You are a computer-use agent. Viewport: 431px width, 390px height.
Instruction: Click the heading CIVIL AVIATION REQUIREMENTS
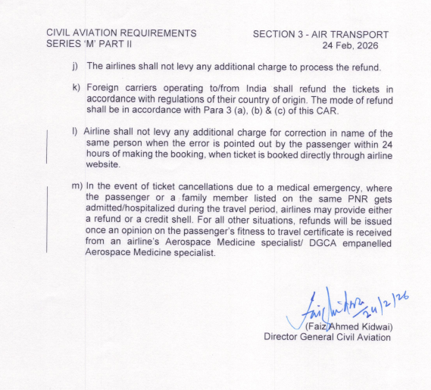(121, 34)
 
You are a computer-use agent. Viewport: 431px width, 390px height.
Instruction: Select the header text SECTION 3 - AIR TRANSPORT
(320, 35)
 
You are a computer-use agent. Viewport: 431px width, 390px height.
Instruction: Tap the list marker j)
(76, 67)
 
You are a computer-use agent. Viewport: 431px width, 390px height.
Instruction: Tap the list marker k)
(76, 87)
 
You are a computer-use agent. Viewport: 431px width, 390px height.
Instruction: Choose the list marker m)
(77, 186)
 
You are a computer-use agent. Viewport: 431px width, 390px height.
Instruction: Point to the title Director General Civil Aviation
(327, 337)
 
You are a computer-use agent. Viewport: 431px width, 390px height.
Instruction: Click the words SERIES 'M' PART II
(89, 46)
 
